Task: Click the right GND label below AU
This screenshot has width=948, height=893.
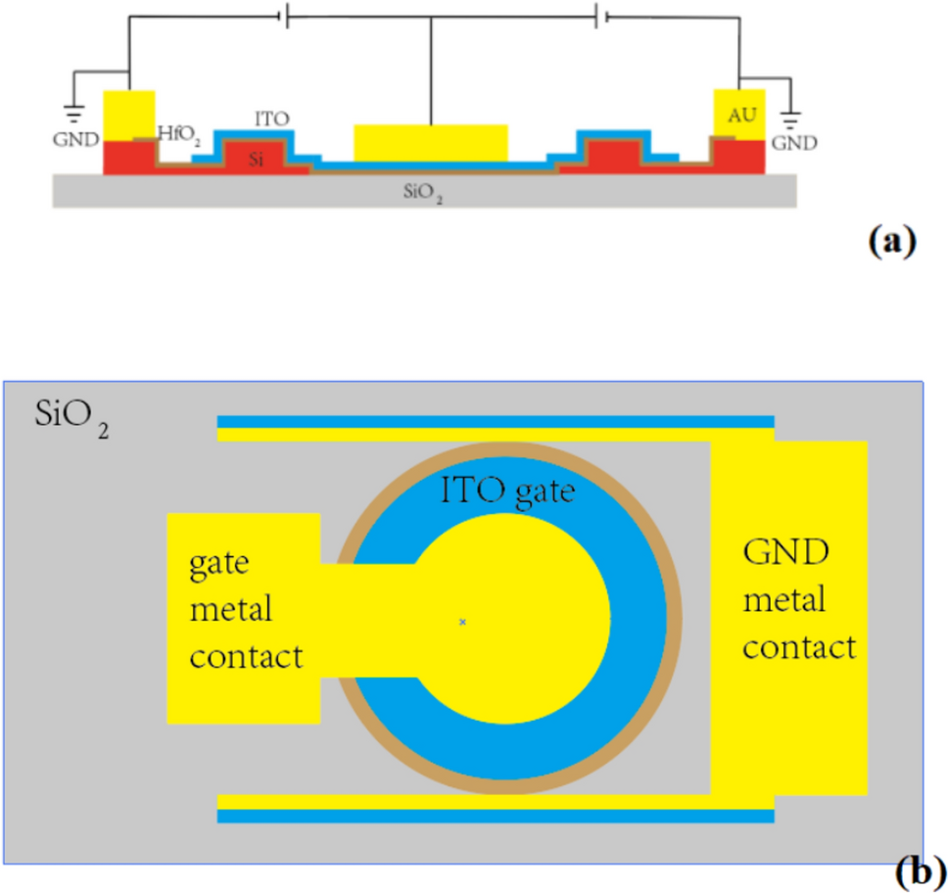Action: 793,142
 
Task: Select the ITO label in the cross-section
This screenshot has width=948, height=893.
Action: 271,118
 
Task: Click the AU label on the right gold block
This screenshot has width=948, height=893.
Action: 742,116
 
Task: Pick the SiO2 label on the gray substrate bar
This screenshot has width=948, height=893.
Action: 424,194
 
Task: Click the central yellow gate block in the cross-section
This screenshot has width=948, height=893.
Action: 430,143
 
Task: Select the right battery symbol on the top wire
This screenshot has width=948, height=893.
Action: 600,16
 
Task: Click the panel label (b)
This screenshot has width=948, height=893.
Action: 920,870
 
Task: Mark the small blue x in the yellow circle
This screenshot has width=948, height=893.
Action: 462,621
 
